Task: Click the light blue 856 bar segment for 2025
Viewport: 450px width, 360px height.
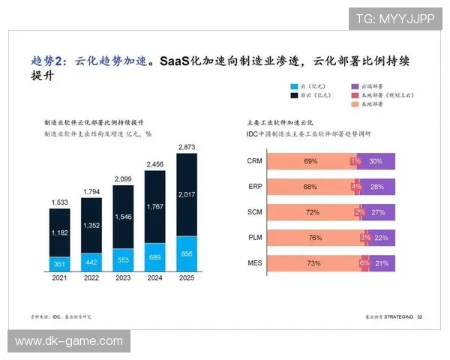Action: coord(186,253)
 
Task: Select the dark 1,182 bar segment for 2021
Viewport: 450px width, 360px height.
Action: coord(60,233)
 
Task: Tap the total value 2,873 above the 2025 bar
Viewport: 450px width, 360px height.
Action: coord(186,146)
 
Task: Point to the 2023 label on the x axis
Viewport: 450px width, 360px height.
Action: coord(122,278)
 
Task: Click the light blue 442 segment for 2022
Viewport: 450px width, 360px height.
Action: coord(91,262)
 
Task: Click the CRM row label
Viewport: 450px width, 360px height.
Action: coord(253,161)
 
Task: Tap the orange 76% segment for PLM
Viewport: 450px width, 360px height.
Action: coord(313,238)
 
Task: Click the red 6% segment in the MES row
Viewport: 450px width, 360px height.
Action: coord(364,263)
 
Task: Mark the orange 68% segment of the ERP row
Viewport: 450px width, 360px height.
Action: coord(310,187)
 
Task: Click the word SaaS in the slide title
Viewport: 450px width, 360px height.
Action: coord(175,60)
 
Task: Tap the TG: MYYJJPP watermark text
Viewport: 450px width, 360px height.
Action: coord(394,18)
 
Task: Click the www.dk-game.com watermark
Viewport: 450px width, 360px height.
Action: coord(68,341)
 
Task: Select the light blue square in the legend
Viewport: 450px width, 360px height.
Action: coord(295,87)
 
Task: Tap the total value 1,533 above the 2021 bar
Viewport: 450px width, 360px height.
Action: coord(60,202)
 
